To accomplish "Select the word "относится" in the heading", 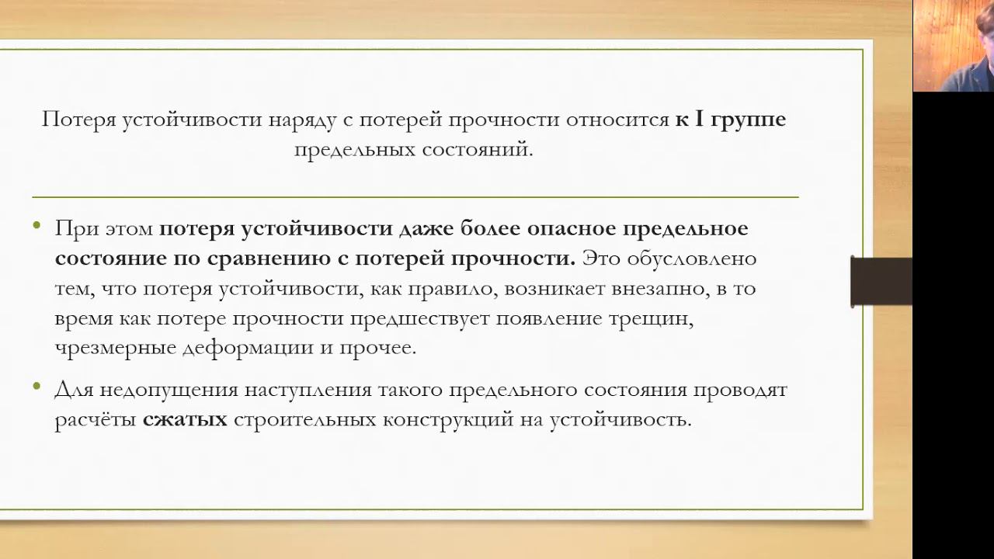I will tap(617, 120).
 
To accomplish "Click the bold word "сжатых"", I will tap(185, 419).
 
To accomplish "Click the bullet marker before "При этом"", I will tap(37, 226).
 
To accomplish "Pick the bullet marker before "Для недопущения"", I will tap(37, 387).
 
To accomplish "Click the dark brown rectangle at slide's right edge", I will tap(881, 281).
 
